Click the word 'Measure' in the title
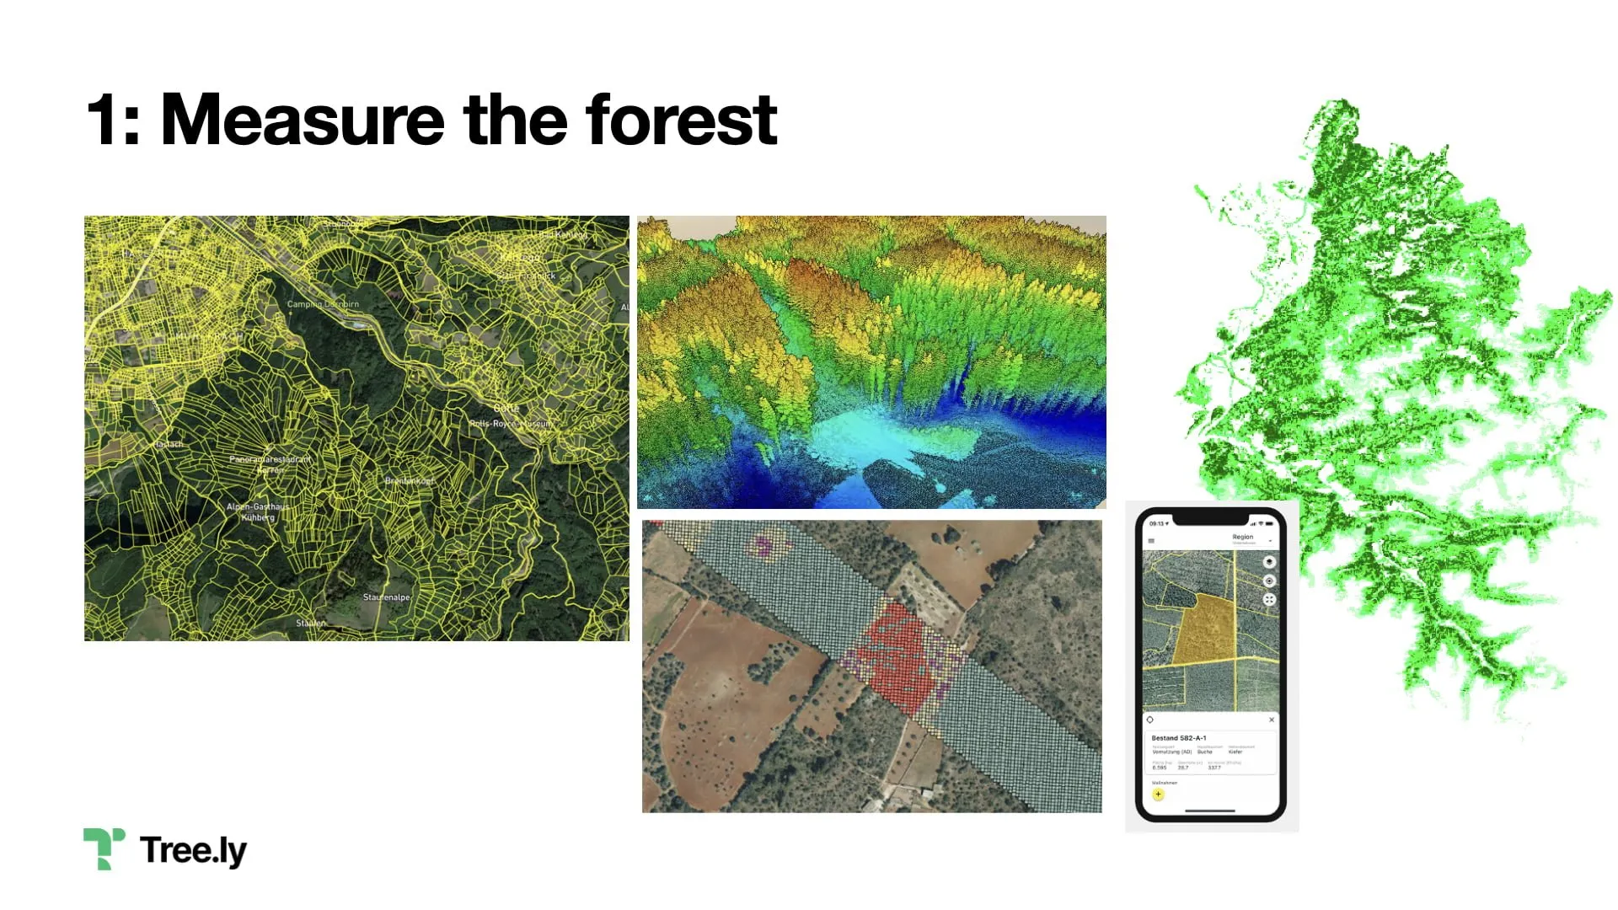coord(302,120)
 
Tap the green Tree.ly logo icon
coord(104,848)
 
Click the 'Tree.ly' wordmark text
coord(193,850)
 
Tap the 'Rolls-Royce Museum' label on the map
coord(511,424)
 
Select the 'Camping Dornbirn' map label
coord(323,304)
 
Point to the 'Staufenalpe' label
coord(386,597)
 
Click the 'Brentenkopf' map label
coord(410,481)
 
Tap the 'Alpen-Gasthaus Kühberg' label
coord(257,511)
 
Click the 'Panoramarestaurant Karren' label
coord(270,464)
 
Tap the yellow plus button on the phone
coord(1158,794)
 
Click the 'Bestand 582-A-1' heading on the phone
coord(1178,738)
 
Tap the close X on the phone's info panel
coord(1272,720)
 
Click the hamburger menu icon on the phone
coord(1151,541)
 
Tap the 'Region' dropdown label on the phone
coord(1243,537)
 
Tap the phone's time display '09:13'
coord(1158,523)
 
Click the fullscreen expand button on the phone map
coord(1269,599)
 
